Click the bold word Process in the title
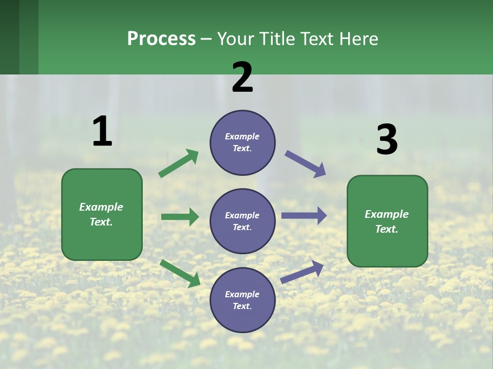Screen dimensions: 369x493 click(161, 39)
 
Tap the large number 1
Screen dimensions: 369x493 click(102, 131)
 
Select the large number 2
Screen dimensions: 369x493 click(242, 77)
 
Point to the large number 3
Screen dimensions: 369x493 click(387, 139)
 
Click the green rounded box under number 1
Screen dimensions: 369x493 click(102, 214)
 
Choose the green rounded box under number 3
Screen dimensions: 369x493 click(387, 221)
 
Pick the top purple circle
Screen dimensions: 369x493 click(242, 142)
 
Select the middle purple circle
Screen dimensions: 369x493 click(242, 221)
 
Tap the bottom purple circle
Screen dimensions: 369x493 click(242, 300)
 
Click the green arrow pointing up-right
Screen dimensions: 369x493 click(179, 163)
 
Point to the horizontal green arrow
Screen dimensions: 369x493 click(180, 217)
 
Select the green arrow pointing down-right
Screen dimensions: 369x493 click(180, 273)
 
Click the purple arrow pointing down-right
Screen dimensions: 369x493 click(306, 164)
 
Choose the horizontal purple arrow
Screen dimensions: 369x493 click(304, 216)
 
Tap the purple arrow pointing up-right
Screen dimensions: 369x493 click(302, 272)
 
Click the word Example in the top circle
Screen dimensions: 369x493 click(242, 136)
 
